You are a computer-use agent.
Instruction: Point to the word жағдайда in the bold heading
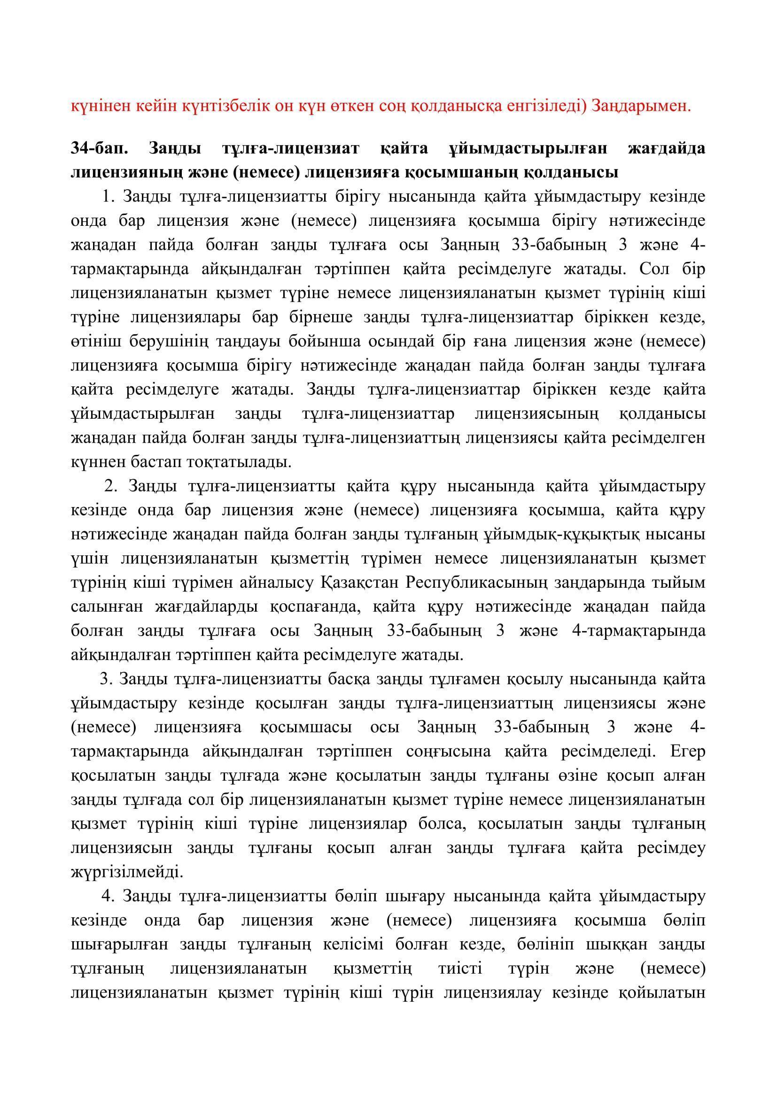pos(666,148)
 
